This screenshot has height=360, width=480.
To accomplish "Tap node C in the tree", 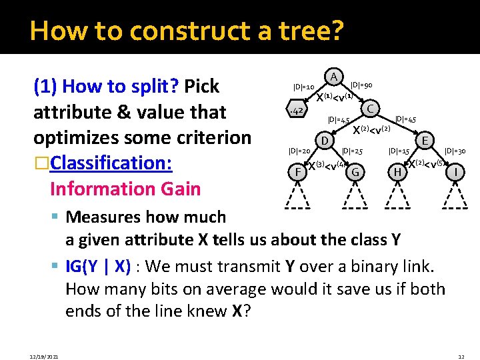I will point(371,108).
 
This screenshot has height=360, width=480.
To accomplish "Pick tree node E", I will point(425,141).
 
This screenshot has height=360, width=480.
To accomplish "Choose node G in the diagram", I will point(356,173).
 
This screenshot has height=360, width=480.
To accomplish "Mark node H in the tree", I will point(397,173).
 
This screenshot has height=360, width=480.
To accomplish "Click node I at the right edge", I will point(455,173).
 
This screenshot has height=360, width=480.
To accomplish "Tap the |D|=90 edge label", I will point(361,85).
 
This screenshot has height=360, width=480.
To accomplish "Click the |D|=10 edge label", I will point(303,87).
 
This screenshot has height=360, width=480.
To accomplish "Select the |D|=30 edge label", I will point(455,151).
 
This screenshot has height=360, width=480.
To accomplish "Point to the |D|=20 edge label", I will point(298,151).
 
